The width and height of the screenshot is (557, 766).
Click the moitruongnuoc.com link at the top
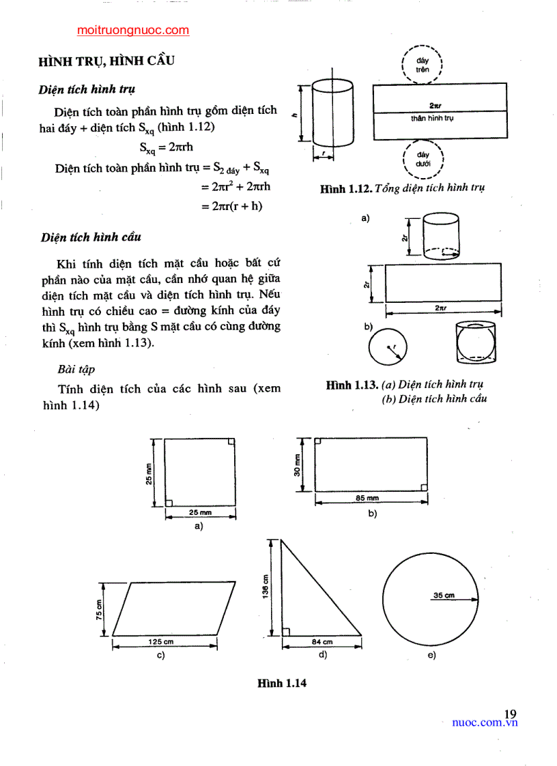pyautogui.click(x=133, y=30)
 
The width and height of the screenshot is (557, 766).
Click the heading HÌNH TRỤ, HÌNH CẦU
pyautogui.click(x=106, y=61)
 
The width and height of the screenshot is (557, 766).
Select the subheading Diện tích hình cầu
pyautogui.click(x=91, y=237)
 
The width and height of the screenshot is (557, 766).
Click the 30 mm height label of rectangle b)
pyautogui.click(x=298, y=464)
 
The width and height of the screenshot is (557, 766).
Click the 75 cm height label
pyautogui.click(x=99, y=607)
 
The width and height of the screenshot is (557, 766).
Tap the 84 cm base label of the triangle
pyautogui.click(x=322, y=641)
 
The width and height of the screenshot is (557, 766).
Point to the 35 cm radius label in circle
pyautogui.click(x=444, y=595)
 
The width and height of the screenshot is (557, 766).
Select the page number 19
pyautogui.click(x=510, y=713)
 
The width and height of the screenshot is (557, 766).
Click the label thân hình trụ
pyautogui.click(x=432, y=118)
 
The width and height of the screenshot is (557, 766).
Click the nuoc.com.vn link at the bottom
pyautogui.click(x=485, y=723)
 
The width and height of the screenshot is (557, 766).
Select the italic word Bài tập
pyautogui.click(x=76, y=369)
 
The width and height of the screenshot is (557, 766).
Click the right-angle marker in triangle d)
pyautogui.click(x=286, y=631)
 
